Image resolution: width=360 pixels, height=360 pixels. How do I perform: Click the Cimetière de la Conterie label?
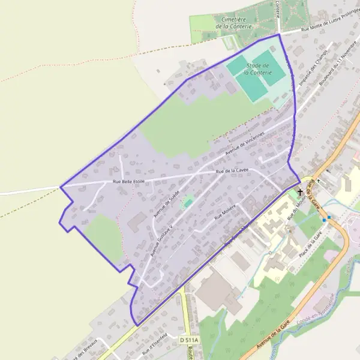(x=232, y=23)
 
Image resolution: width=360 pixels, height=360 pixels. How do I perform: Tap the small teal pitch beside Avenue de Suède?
(x=188, y=203)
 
